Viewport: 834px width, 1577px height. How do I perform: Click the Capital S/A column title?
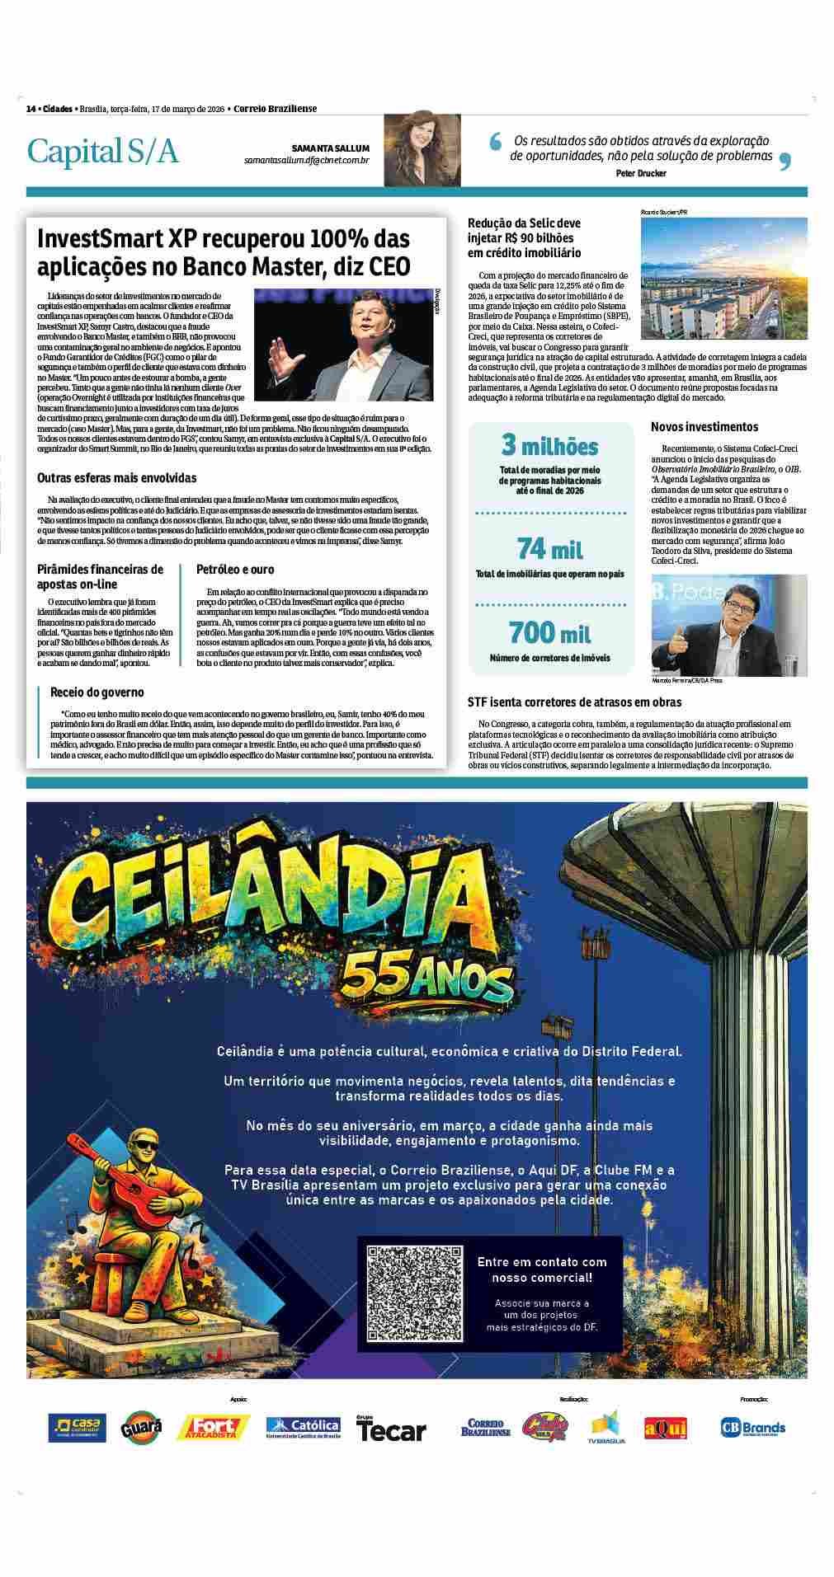tap(102, 152)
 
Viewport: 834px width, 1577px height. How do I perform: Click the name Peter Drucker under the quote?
tap(640, 173)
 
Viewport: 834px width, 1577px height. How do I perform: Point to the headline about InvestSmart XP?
tap(224, 252)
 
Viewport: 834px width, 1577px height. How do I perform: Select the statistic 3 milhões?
tap(549, 446)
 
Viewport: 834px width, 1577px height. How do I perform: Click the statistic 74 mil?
tap(549, 547)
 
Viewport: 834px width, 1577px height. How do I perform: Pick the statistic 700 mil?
tap(549, 632)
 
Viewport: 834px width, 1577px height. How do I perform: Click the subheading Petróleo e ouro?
tap(235, 570)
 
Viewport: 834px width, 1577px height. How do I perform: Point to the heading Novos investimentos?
tap(704, 427)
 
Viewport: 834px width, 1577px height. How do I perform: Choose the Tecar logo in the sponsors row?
tap(391, 1429)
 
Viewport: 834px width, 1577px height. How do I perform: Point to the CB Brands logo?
tap(752, 1427)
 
